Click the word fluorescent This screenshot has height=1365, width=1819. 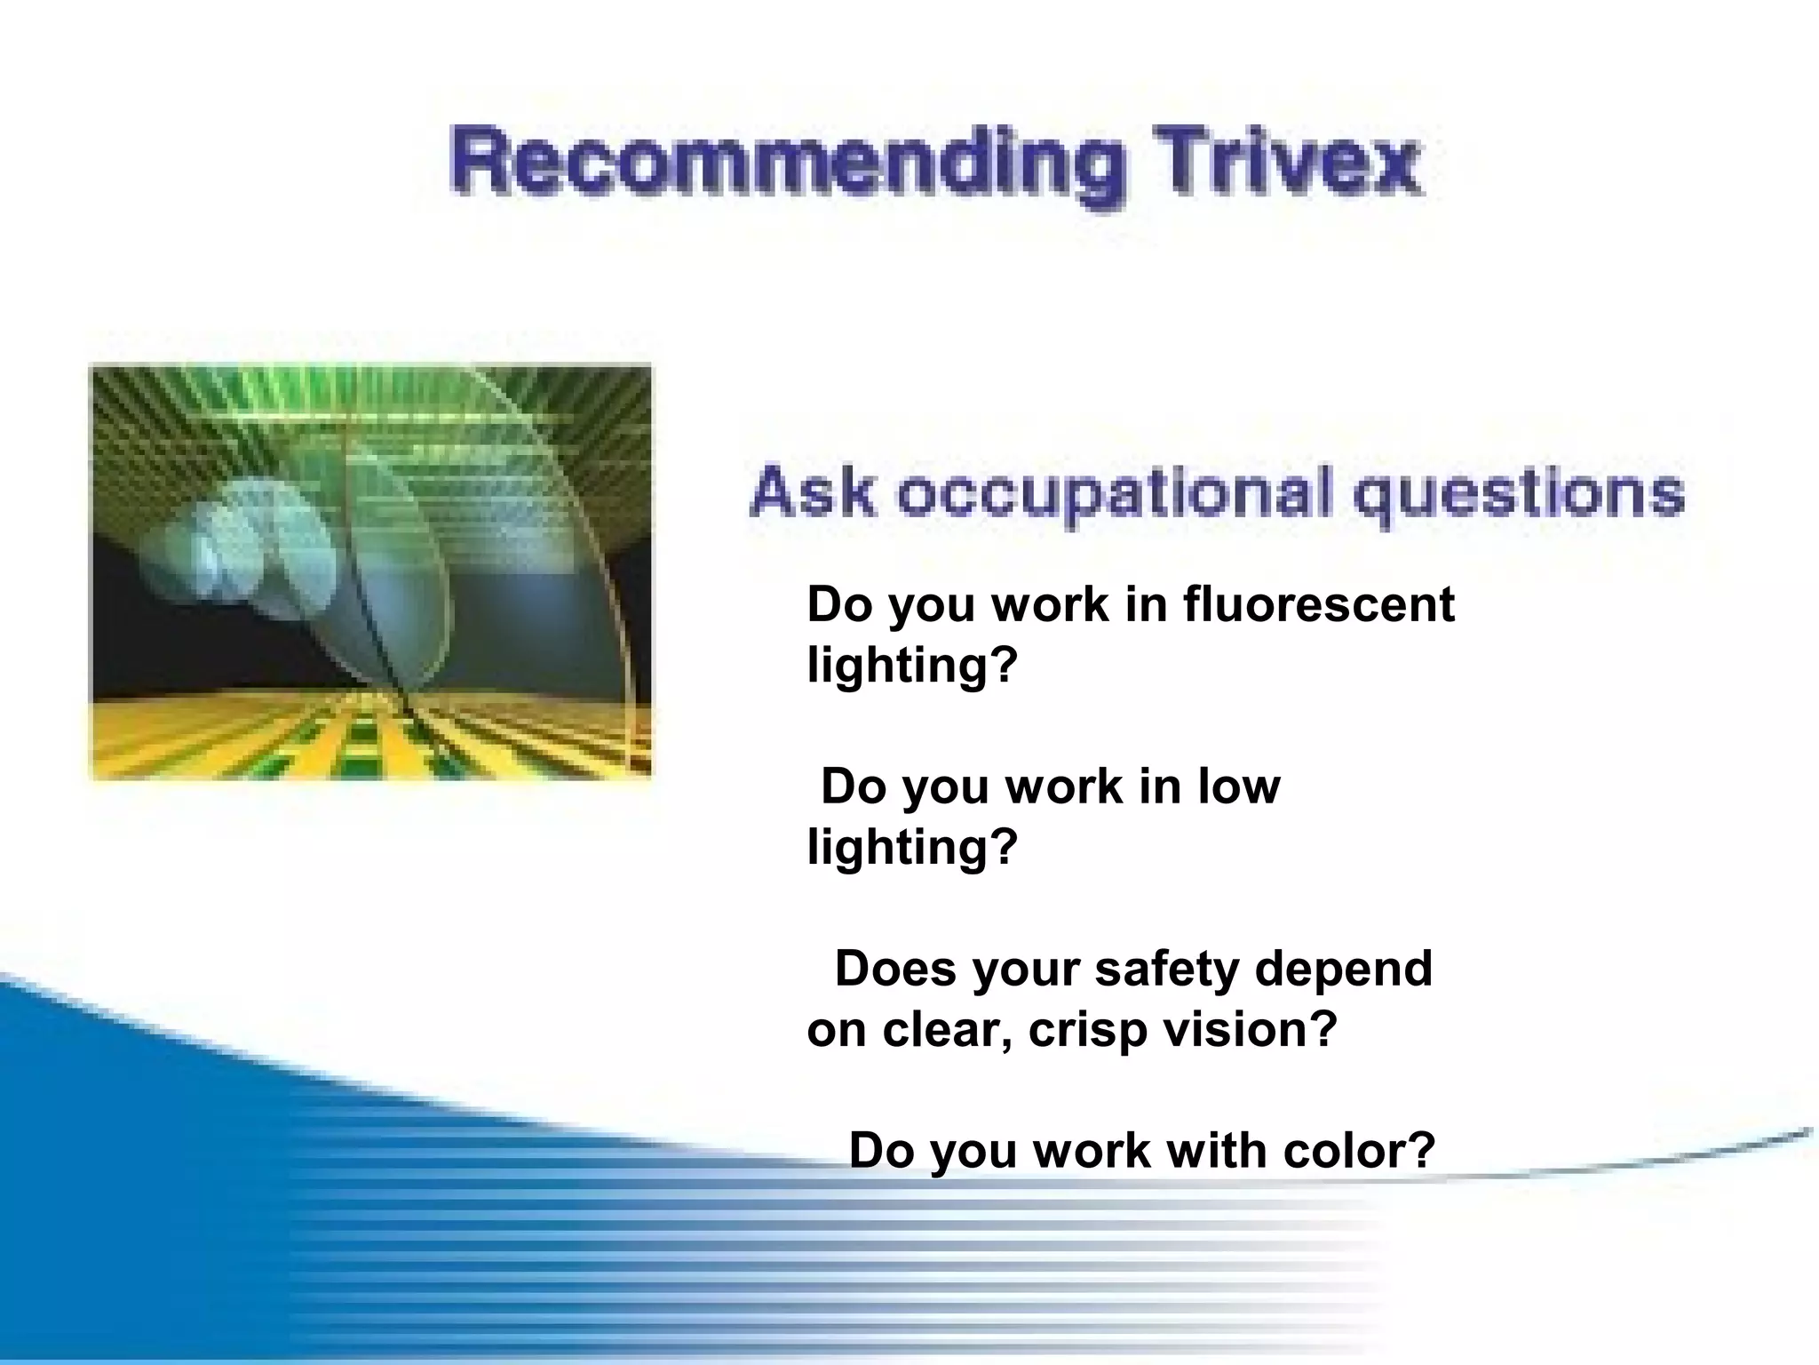1319,604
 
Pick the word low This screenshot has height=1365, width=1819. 1239,786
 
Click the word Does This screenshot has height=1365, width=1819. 896,969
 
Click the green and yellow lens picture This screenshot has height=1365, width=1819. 371,572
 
